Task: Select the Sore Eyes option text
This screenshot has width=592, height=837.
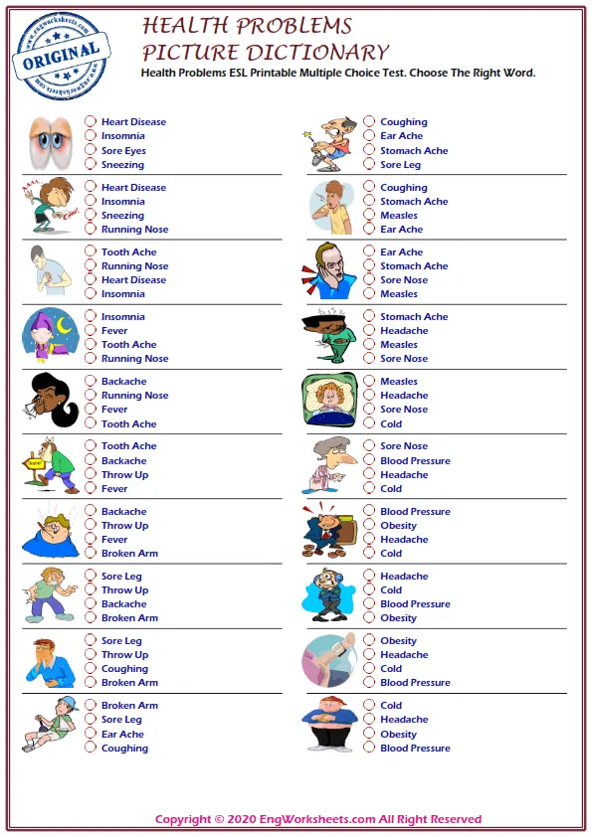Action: coord(123,151)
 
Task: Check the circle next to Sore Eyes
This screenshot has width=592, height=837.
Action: coord(91,151)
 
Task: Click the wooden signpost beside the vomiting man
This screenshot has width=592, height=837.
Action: coord(37,464)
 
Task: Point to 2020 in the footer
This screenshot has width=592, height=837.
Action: coord(244,820)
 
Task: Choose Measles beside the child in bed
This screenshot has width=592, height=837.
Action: coord(398,382)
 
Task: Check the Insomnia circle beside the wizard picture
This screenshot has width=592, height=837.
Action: coord(91,317)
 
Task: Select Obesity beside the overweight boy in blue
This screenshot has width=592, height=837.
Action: coord(398,735)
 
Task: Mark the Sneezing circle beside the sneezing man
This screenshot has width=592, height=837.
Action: coord(91,216)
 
